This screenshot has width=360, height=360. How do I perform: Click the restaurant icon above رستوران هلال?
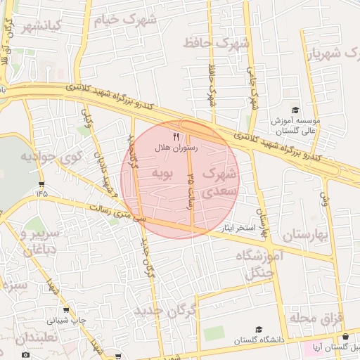176,136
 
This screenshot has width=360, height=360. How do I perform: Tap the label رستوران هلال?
176,148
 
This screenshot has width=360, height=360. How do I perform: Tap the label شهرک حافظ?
217,43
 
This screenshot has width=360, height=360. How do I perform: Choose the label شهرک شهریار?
334,53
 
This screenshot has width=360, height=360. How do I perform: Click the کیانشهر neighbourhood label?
42,27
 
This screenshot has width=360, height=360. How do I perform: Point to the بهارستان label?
304,235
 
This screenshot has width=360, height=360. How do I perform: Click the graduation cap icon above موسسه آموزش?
295,110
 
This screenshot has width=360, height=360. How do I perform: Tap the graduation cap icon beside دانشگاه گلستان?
258,329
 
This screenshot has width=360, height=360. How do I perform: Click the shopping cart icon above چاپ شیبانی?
66,309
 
